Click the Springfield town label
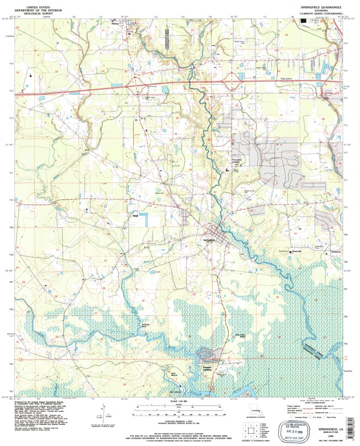(x=209, y=240)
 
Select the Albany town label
(x=127, y=25)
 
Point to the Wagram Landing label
(x=207, y=368)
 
